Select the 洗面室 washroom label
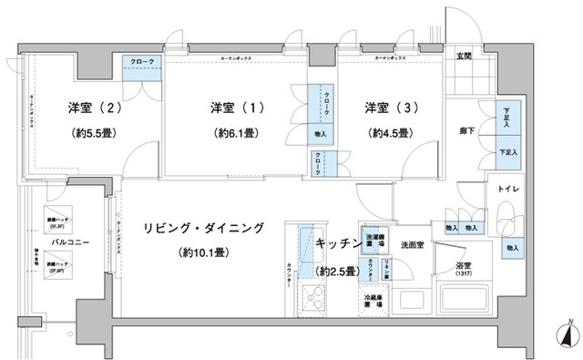click(414, 244)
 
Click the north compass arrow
click(568, 333)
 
